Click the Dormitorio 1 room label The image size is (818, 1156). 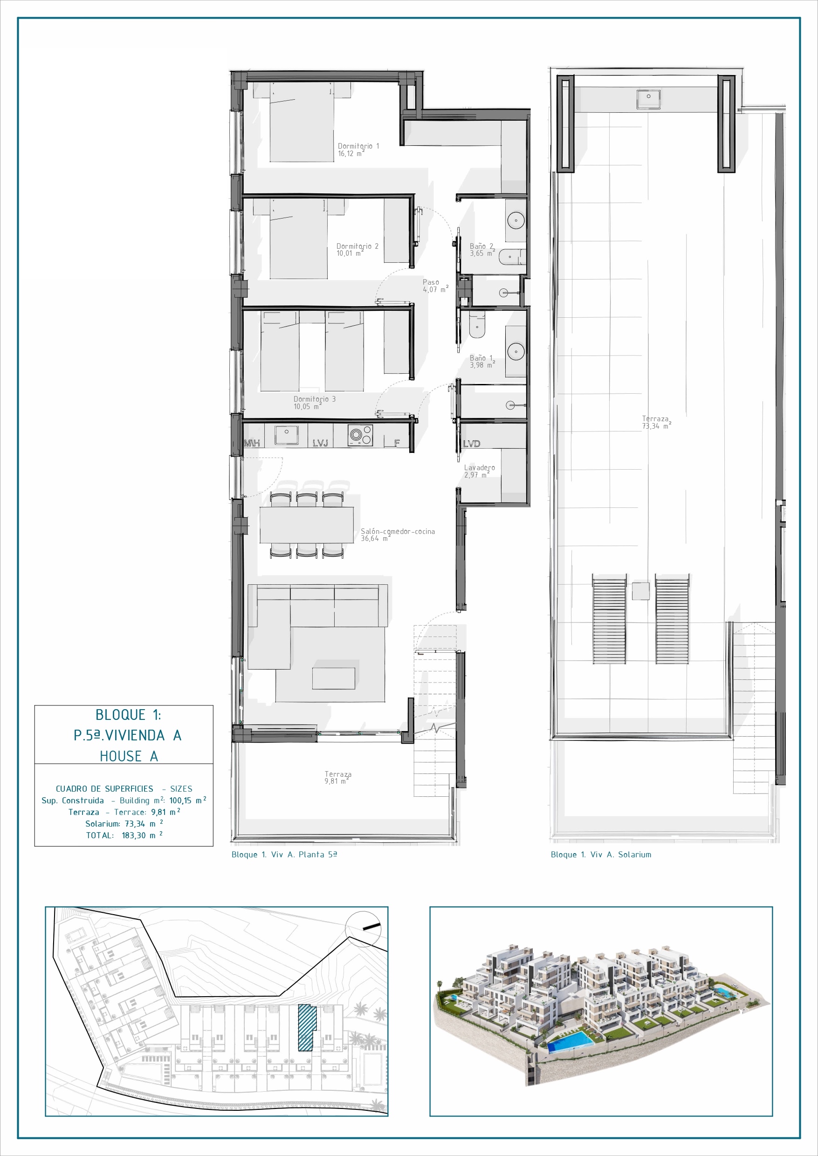(x=358, y=150)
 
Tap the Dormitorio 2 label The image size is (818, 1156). (x=357, y=250)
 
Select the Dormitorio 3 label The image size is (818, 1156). (x=314, y=403)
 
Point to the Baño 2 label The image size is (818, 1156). (x=482, y=250)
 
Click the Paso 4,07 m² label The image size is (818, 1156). (x=435, y=286)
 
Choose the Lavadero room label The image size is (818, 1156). (x=479, y=471)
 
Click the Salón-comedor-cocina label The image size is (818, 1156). (x=398, y=535)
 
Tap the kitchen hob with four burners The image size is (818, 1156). (x=360, y=435)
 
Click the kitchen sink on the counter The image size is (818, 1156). (x=286, y=435)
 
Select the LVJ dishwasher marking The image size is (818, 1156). (x=320, y=443)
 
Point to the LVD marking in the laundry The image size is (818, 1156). (x=472, y=444)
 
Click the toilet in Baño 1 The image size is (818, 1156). (x=476, y=325)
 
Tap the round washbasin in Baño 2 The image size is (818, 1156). (x=516, y=220)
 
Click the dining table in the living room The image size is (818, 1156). (x=306, y=525)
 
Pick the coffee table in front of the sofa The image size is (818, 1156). (x=333, y=678)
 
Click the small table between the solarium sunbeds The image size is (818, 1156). (x=641, y=591)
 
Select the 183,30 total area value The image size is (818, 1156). (x=133, y=835)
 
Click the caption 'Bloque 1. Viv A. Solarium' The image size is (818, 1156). (x=601, y=855)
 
